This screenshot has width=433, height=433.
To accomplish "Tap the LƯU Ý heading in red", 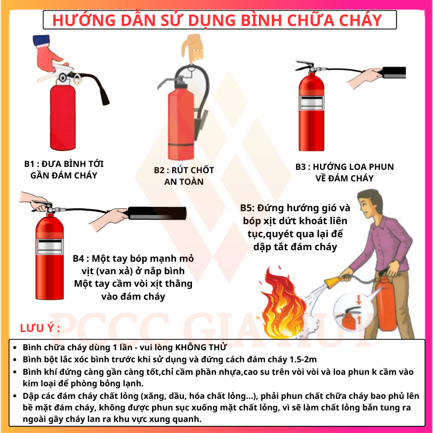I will coord(39,329).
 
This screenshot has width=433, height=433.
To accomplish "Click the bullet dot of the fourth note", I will coord(15,396).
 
